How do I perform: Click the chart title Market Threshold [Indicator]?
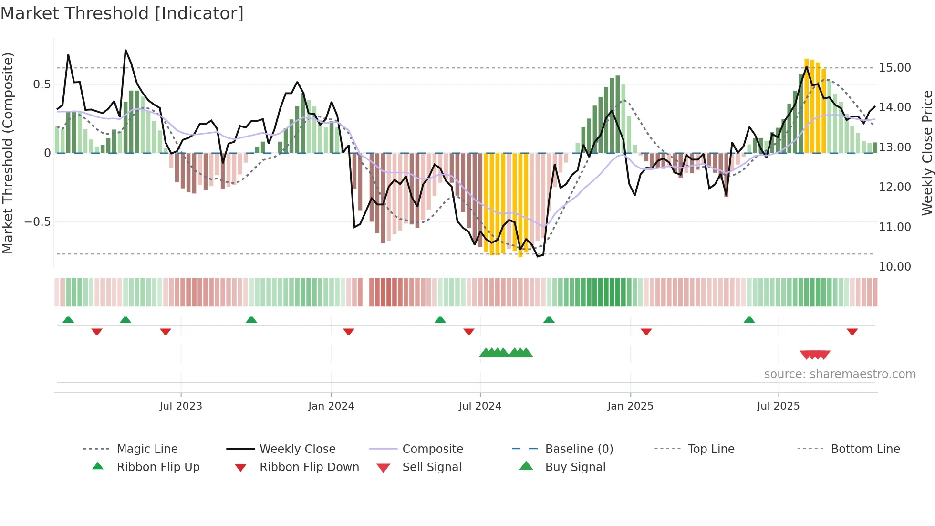click(x=122, y=13)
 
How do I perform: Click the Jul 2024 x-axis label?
click(x=480, y=406)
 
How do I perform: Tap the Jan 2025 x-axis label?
click(x=630, y=406)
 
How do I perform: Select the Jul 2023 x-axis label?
click(x=181, y=406)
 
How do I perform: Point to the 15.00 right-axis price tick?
click(x=894, y=68)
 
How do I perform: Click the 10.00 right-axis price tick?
click(x=894, y=267)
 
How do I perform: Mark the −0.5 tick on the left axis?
click(x=37, y=222)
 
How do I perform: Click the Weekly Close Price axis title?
click(x=927, y=153)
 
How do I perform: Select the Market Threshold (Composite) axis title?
click(x=8, y=153)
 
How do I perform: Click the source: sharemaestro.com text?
click(x=840, y=374)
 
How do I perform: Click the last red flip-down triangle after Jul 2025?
click(x=852, y=331)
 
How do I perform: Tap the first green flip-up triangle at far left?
click(x=68, y=320)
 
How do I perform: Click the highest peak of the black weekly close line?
click(x=125, y=50)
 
